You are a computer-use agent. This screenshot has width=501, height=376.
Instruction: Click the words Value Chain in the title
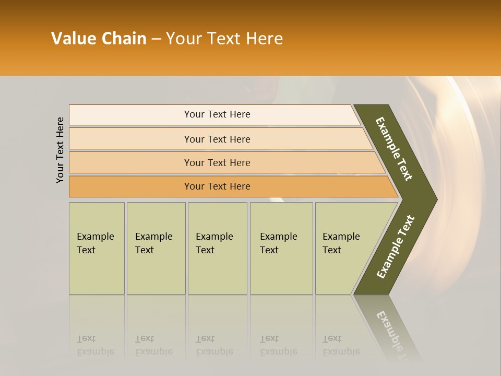click(99, 39)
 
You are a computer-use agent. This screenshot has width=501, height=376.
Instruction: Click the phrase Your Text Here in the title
click(224, 39)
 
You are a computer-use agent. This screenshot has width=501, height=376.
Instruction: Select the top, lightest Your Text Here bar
click(217, 114)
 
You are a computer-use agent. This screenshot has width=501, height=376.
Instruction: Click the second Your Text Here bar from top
click(217, 139)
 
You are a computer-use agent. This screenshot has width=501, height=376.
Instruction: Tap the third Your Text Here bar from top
click(217, 162)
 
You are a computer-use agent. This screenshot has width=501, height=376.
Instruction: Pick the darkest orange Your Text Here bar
click(217, 186)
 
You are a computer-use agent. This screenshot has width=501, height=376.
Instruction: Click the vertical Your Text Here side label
click(60, 150)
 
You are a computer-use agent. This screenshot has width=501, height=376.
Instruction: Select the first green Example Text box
click(97, 248)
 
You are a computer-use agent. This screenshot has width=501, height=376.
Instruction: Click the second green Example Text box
click(156, 248)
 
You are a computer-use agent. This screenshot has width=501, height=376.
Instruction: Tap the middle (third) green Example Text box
click(217, 248)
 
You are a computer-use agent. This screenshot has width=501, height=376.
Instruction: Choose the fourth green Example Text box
click(281, 248)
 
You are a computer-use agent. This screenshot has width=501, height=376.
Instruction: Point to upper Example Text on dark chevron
click(394, 149)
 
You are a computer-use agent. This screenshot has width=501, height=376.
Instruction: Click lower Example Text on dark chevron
click(396, 246)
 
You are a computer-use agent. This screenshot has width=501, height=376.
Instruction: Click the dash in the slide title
click(156, 39)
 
